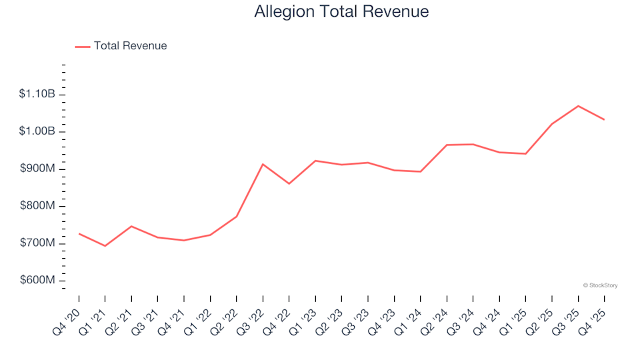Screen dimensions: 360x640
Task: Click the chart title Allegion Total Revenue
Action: click(341, 11)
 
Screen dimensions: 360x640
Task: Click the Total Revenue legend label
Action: click(130, 46)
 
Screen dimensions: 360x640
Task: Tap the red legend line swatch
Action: click(83, 47)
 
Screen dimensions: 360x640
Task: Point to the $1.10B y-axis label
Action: click(37, 95)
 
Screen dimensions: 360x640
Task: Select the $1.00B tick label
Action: click(37, 131)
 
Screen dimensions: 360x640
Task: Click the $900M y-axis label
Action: click(37, 169)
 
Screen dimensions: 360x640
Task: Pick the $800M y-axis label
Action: click(37, 206)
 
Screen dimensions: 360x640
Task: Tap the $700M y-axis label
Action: click(37, 243)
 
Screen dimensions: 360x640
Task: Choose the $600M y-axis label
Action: click(37, 280)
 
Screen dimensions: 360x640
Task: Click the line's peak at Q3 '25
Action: click(578, 106)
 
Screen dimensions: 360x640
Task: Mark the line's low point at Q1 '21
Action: click(105, 246)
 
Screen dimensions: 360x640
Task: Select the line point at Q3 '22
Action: click(263, 164)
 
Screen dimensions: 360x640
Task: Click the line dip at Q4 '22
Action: click(289, 183)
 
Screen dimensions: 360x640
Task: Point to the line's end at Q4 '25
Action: click(604, 119)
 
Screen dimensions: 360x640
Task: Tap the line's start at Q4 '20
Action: click(79, 233)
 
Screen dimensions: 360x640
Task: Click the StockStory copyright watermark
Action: click(600, 285)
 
